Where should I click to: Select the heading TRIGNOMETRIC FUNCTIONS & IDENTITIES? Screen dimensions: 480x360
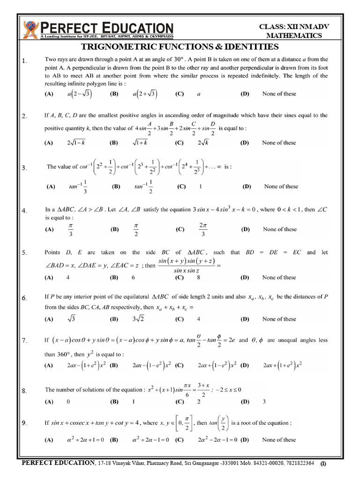pyautogui.click(x=180, y=46)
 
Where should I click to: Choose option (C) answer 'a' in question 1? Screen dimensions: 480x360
pyautogui.click(x=199, y=94)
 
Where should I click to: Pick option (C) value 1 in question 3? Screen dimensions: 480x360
pyautogui.click(x=201, y=187)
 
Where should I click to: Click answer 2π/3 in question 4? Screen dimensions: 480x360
pyautogui.click(x=202, y=229)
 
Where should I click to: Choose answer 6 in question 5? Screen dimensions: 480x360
pyautogui.click(x=134, y=277)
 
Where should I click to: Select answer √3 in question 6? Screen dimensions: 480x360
pyautogui.click(x=72, y=319)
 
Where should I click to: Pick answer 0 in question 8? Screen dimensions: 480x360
pyautogui.click(x=68, y=402)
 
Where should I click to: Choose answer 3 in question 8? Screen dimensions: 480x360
pyautogui.click(x=264, y=402)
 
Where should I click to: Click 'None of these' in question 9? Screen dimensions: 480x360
pyautogui.click(x=279, y=440)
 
